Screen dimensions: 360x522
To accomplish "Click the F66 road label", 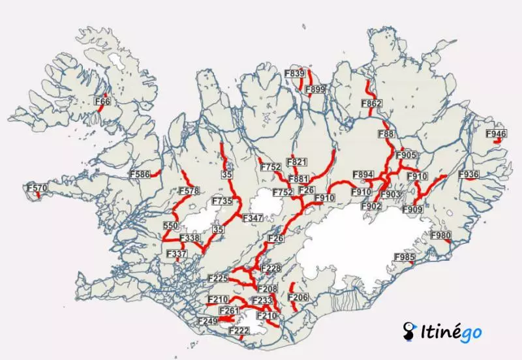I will [103, 102].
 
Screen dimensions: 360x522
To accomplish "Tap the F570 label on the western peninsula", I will [37, 188].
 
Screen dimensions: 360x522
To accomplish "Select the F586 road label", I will [140, 174].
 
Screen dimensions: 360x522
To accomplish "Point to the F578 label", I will [189, 191].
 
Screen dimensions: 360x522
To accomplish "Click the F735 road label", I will [223, 202].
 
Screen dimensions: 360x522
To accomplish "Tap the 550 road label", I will [171, 226].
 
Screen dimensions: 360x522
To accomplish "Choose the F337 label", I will [177, 254].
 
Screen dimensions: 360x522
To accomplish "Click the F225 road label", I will [217, 278].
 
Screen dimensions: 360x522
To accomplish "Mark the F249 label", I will [207, 322].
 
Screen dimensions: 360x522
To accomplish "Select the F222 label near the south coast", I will [239, 331].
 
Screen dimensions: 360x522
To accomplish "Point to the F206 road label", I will [298, 298].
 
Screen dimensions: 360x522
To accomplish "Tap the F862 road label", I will [371, 104].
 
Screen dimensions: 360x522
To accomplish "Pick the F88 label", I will [387, 134].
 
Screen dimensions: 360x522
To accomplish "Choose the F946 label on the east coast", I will [496, 134].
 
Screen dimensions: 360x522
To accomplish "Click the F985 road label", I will [405, 258].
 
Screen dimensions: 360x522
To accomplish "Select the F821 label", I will [296, 162].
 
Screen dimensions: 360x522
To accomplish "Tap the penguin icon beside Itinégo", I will [410, 331].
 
